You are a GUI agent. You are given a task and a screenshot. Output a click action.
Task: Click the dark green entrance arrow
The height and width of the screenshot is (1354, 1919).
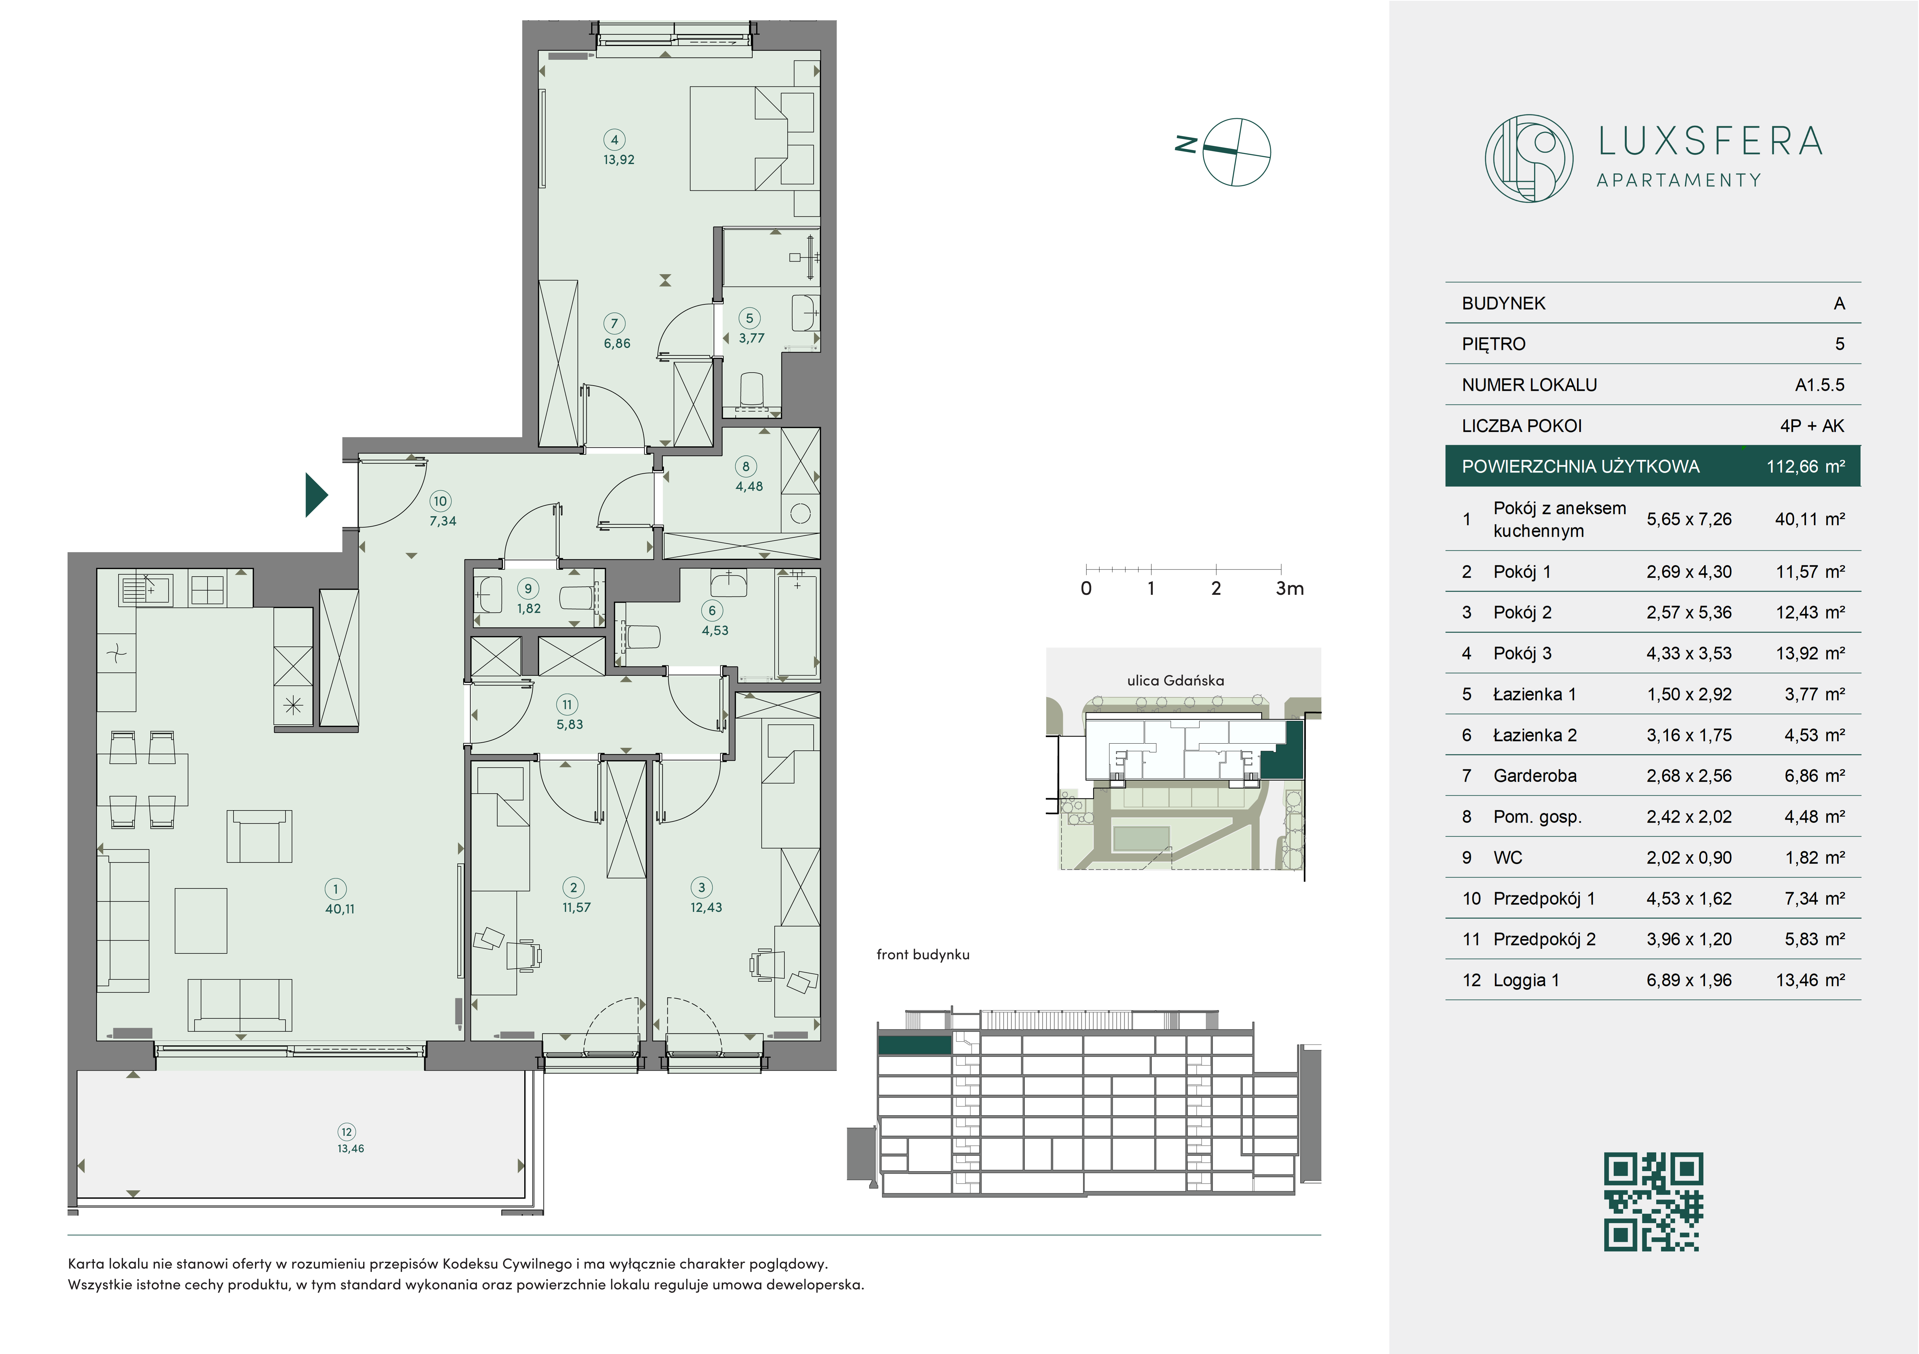pos(316,495)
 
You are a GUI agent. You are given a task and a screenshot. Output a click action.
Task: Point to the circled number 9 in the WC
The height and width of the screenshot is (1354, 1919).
pos(528,588)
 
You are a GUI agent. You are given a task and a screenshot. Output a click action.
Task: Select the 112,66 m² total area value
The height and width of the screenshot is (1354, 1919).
pos(1805,466)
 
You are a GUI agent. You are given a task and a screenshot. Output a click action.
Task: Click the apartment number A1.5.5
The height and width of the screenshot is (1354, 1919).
pos(1820,385)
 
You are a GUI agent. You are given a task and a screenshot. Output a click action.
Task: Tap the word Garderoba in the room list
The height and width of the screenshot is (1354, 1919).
pos(1534,776)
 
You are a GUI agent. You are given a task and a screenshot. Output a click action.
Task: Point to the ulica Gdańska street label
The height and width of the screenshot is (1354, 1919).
pos(1175,680)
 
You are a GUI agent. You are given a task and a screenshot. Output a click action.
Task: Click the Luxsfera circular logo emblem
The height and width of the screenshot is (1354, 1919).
pos(1529,158)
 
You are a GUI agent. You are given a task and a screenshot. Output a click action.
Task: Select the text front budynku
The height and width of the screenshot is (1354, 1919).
pos(923,954)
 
